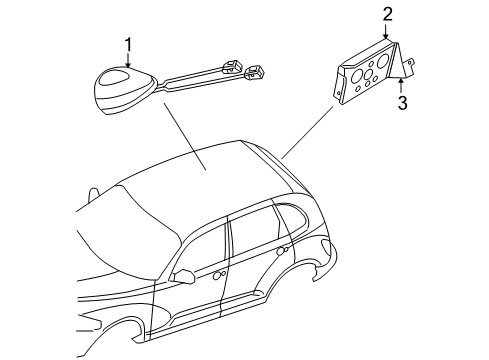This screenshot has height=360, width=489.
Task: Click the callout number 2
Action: coord(387,14)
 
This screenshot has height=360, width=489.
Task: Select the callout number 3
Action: coord(402,102)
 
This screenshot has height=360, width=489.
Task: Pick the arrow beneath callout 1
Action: coord(128,59)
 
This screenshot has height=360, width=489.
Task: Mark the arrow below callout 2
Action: coord(387,31)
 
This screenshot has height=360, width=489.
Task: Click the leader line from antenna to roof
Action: coord(185,140)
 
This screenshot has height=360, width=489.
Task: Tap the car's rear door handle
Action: coord(284,252)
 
